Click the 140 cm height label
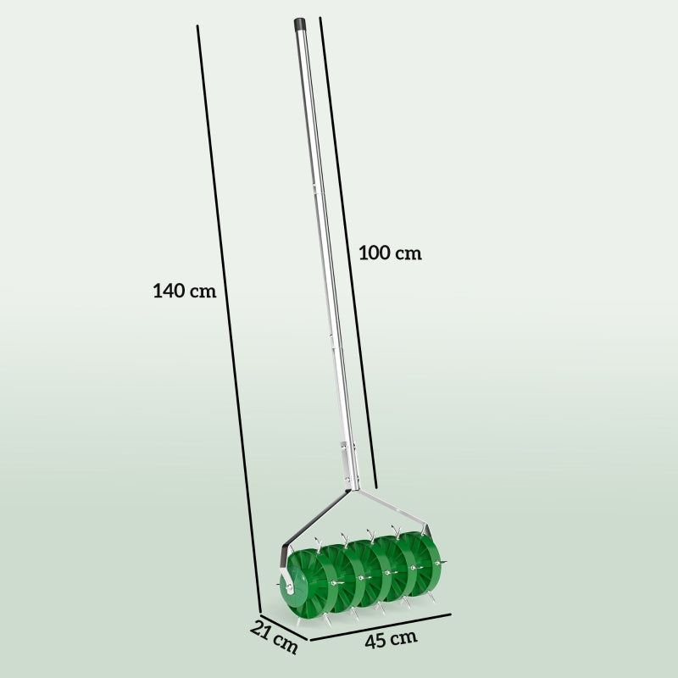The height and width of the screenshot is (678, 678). (184, 291)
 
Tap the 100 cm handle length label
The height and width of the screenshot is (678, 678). (390, 253)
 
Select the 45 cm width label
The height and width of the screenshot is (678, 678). (391, 639)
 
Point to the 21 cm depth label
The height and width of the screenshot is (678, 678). (275, 637)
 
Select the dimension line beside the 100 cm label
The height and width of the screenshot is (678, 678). (347, 246)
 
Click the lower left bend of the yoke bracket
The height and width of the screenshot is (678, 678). (284, 546)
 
